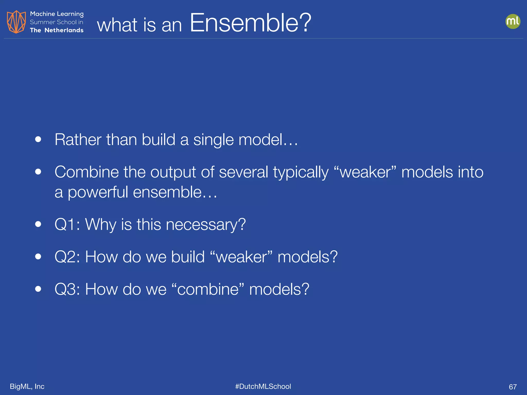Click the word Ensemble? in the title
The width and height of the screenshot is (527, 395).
tap(250, 23)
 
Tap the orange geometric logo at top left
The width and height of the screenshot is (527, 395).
tap(16, 22)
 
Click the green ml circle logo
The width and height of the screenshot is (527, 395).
tap(513, 21)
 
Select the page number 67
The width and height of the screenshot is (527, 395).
tap(513, 387)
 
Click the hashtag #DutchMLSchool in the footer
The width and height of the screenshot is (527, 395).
tap(263, 386)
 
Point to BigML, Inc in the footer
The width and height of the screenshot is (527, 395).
tap(27, 386)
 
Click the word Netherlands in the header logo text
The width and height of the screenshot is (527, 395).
tap(64, 30)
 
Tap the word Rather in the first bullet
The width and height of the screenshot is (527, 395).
tap(78, 140)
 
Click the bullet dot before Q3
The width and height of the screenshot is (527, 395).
tap(38, 289)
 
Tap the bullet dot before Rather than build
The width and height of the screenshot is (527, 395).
tap(38, 139)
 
